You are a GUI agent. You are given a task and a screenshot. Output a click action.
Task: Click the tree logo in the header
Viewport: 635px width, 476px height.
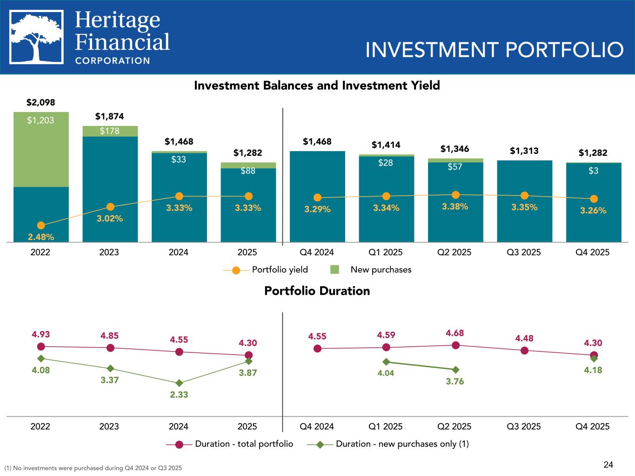(x=37, y=38)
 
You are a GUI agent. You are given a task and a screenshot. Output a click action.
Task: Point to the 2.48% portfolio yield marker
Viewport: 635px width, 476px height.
(x=41, y=225)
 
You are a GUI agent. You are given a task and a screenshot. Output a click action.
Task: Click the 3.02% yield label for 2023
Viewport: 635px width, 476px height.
(x=110, y=218)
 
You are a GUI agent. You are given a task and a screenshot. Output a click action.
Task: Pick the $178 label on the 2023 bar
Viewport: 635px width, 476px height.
(x=110, y=131)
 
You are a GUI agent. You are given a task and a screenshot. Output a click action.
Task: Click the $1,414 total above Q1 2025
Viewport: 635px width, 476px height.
(x=386, y=145)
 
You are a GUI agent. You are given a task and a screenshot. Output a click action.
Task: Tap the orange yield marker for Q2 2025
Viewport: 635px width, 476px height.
(x=455, y=195)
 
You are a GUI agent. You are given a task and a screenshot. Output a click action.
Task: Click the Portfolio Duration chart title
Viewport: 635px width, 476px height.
(x=317, y=291)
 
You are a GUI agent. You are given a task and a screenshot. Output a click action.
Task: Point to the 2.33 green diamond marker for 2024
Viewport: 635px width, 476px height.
(x=179, y=383)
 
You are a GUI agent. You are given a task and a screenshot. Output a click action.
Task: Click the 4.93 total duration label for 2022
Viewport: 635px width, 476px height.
(x=41, y=334)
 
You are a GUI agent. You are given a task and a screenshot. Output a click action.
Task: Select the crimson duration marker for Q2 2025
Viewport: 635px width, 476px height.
(x=455, y=345)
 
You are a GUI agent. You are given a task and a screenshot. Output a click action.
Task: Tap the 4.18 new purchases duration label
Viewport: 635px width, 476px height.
(x=593, y=370)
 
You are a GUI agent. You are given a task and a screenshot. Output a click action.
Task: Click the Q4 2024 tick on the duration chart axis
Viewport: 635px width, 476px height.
(x=317, y=426)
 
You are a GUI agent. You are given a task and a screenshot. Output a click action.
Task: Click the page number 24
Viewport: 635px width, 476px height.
(x=608, y=464)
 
